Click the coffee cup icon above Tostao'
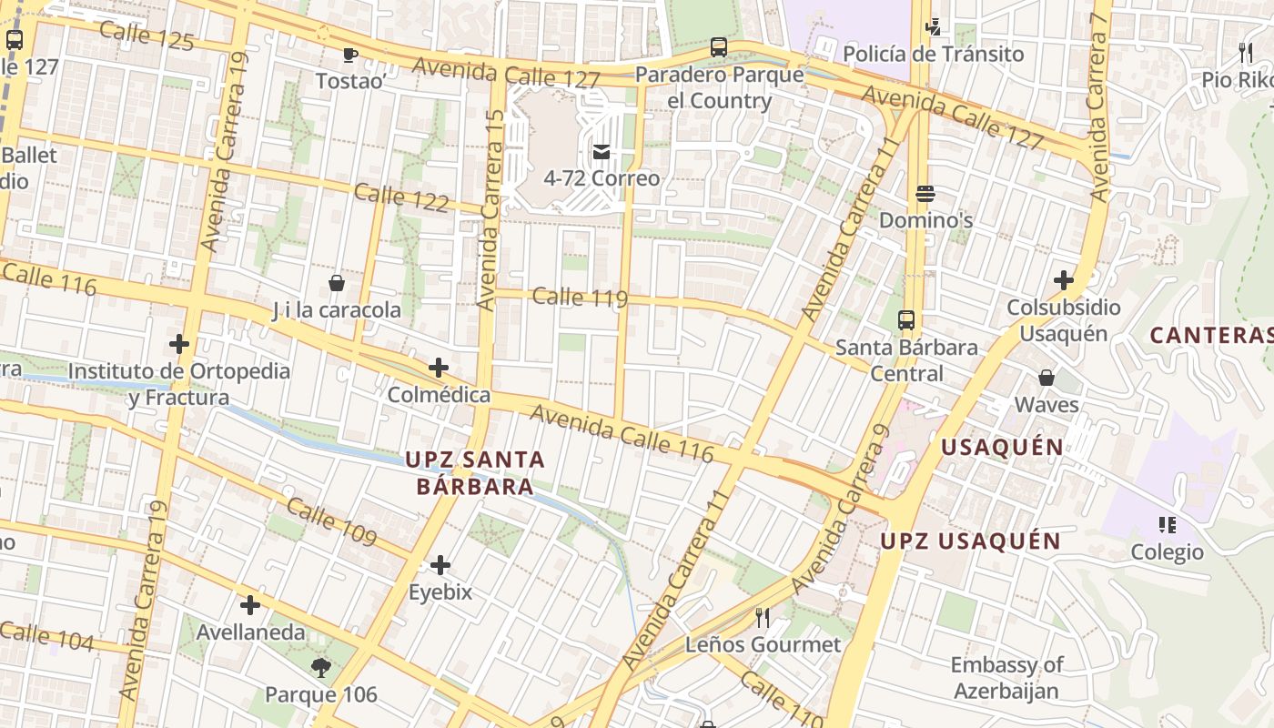[349, 56]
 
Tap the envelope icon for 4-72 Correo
[602, 151]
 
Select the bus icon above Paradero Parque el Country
[719, 46]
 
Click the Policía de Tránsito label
[933, 55]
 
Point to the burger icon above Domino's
[925, 194]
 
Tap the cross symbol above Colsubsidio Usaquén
[1063, 280]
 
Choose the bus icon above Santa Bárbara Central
[906, 320]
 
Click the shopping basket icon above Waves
[1046, 378]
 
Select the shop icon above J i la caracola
[337, 283]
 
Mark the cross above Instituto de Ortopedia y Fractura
[179, 344]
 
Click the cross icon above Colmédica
[439, 368]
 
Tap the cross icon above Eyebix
[440, 565]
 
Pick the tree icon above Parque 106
[320, 668]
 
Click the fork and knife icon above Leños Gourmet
[763, 618]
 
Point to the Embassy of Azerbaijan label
[1006, 678]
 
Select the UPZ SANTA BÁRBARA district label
[475, 472]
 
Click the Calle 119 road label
[580, 297]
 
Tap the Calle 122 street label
[401, 197]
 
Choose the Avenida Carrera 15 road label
[491, 209]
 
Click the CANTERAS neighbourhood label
[1211, 335]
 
